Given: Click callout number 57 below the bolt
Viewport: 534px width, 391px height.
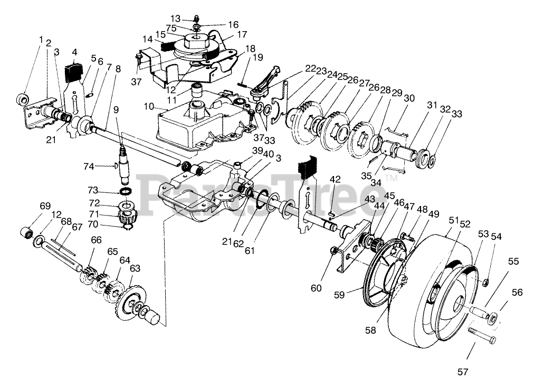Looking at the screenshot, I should (x=462, y=372).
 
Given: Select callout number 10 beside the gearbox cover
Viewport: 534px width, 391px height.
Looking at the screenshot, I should (x=149, y=106).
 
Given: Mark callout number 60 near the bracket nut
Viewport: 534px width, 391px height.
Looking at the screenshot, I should (x=316, y=288).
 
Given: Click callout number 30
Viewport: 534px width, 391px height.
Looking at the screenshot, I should (x=409, y=98).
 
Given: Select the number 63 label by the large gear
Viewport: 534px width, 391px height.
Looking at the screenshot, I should (x=135, y=269).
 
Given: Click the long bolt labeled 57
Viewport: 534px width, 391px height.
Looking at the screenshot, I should (x=480, y=333).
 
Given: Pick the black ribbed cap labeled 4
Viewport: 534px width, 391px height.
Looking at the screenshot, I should (x=74, y=71).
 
